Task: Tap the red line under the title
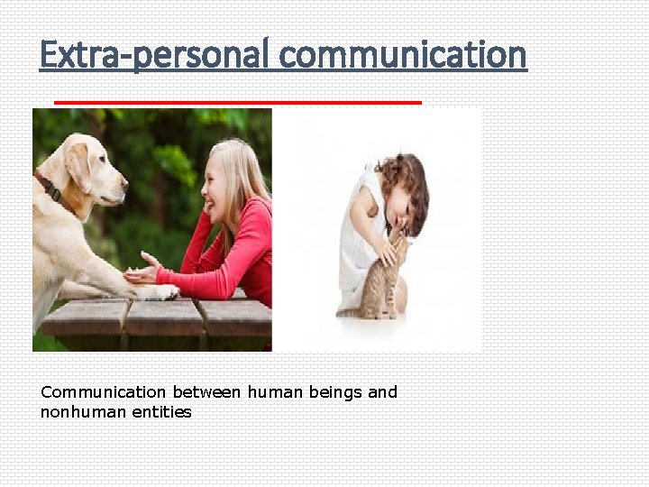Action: click(x=237, y=103)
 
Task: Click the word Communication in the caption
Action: click(x=104, y=392)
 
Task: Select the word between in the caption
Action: click(x=207, y=392)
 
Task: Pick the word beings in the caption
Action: click(x=336, y=392)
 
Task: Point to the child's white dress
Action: click(x=356, y=243)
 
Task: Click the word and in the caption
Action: click(x=382, y=392)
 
